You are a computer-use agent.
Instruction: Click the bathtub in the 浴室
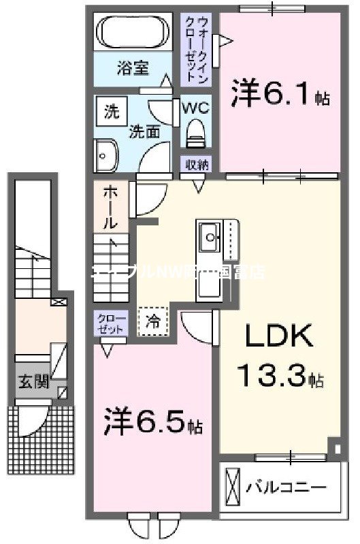[133, 31]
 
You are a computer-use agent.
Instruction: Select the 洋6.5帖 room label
[152, 423]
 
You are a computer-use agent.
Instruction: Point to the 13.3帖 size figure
[279, 374]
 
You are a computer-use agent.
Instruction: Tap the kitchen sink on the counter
[210, 237]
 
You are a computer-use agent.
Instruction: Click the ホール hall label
[108, 208]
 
